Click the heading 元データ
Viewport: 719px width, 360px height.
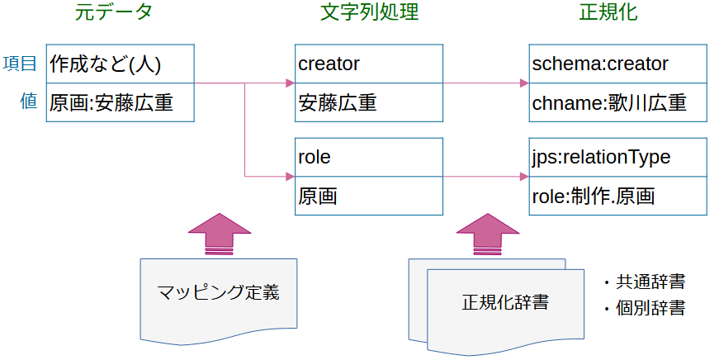click(x=119, y=13)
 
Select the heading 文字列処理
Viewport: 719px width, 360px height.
click(x=369, y=13)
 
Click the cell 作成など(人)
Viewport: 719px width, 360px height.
click(x=120, y=64)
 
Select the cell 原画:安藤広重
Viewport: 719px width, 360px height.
click(x=120, y=102)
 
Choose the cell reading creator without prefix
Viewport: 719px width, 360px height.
click(x=369, y=64)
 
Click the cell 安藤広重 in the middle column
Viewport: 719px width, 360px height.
click(x=369, y=102)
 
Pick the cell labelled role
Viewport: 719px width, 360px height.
click(x=369, y=157)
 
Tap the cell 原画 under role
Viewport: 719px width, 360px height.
click(x=369, y=196)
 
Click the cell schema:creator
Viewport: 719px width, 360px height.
click(x=617, y=64)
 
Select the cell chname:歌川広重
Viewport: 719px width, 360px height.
click(x=617, y=102)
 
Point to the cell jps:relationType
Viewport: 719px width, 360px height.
click(x=617, y=157)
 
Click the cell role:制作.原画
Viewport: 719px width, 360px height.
click(x=617, y=196)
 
